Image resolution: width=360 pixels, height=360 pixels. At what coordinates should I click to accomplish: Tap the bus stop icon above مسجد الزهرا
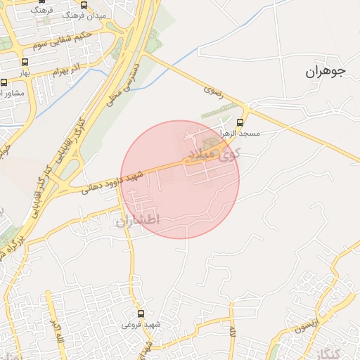240,122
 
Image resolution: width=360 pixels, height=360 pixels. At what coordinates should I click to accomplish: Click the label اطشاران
137,220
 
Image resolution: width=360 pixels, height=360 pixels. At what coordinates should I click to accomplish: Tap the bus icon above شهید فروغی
141,314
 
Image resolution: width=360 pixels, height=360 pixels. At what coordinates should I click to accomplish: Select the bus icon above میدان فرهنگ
84,4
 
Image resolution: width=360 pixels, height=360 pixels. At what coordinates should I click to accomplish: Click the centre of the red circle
180,179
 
